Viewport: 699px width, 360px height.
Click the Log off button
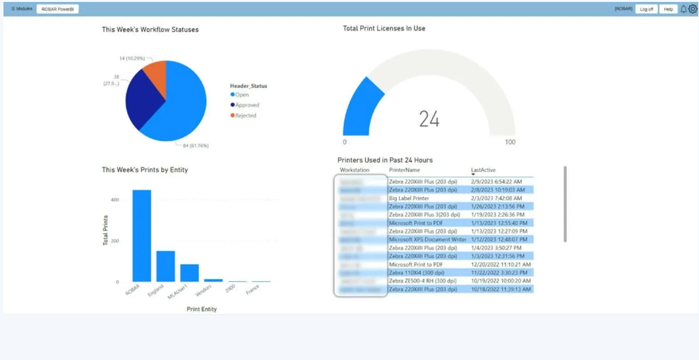647,9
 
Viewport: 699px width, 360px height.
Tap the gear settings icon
693,9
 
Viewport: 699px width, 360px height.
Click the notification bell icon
684,9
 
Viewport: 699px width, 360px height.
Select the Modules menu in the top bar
22,9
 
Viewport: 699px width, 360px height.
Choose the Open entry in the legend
242,95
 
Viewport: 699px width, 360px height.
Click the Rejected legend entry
245,115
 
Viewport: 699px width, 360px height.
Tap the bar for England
166,266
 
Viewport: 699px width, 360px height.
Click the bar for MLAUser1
189,273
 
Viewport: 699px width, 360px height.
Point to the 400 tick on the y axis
115,200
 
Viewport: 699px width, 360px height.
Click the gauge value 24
429,120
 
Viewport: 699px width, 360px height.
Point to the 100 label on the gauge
510,142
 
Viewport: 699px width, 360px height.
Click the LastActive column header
483,170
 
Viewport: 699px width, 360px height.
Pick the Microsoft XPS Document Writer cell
427,239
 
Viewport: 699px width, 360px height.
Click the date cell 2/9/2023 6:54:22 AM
496,182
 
